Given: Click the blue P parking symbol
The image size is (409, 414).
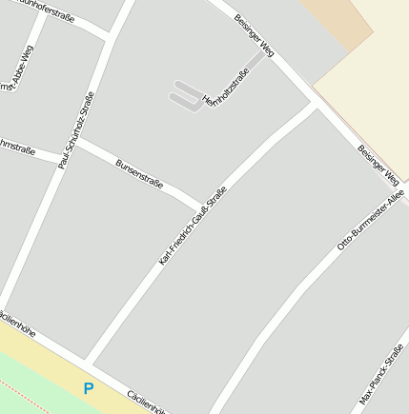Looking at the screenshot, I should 89,388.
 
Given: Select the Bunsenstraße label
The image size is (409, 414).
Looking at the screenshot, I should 139,172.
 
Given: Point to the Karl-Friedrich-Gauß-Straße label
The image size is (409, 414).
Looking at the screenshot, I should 194,225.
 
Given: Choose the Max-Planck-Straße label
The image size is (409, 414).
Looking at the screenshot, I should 382,374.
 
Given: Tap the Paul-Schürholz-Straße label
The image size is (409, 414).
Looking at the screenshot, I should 76,130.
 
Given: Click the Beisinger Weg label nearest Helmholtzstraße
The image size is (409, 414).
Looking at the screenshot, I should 254,35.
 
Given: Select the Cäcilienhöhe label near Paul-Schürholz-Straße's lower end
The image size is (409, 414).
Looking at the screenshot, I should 16,324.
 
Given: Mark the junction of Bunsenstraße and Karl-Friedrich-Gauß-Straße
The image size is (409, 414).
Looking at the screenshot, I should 202,207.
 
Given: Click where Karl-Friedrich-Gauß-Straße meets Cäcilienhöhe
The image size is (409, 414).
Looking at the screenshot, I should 89,360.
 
